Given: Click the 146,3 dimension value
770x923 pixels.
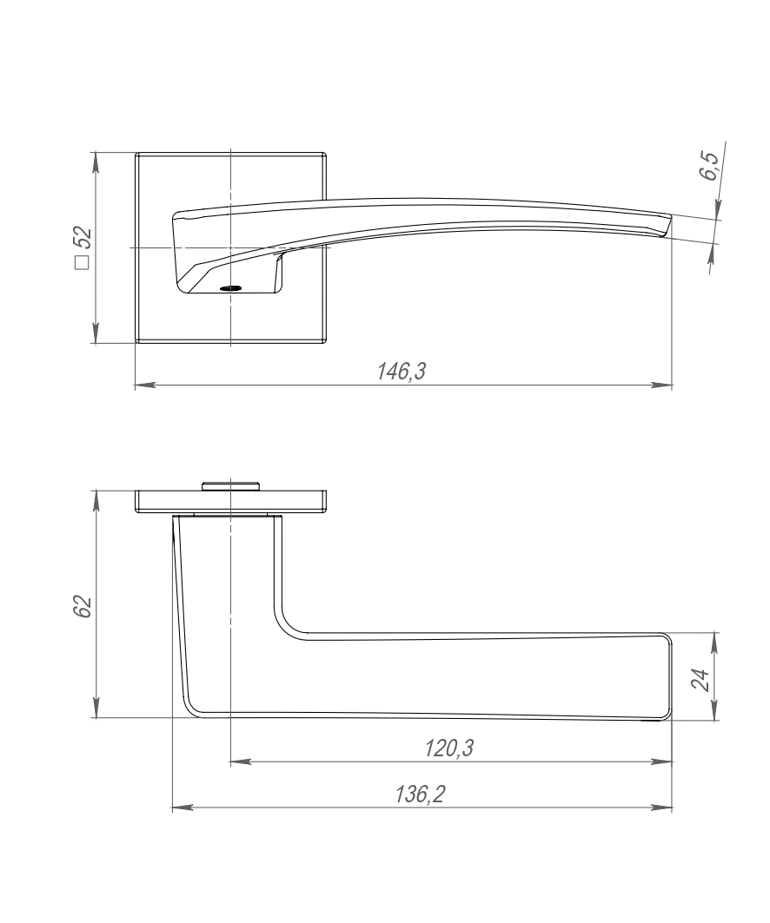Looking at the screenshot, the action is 402,372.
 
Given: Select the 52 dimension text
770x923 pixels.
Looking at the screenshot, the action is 83,239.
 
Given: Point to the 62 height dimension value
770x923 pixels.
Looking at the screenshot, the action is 83,606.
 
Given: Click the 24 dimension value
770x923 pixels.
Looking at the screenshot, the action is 700,680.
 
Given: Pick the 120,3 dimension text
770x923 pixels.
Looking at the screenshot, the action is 449,748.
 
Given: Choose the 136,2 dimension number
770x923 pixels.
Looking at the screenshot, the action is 420,794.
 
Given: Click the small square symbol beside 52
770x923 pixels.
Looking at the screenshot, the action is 83,263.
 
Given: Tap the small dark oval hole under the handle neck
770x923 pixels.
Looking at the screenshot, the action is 229,288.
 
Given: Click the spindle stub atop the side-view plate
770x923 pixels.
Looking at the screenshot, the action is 229,485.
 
